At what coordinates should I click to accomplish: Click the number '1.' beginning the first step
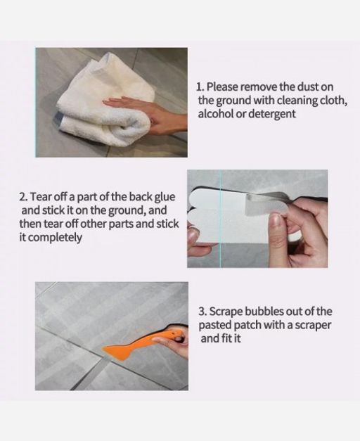tap(200, 87)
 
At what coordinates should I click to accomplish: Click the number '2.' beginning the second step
tap(24, 197)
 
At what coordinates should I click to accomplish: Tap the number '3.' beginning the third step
tap(203, 312)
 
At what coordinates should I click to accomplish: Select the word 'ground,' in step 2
tap(127, 211)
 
